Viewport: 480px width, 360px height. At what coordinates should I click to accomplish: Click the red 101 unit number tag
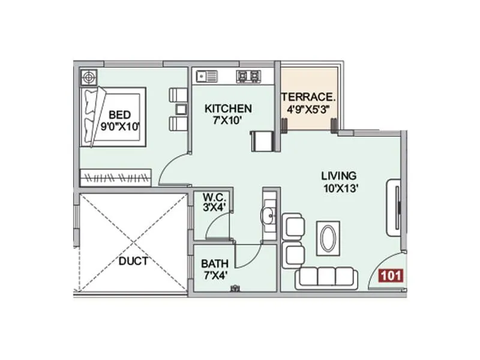click(x=391, y=276)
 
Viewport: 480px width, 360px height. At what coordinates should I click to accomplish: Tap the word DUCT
click(x=133, y=261)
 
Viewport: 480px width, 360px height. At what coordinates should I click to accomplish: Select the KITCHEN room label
click(x=228, y=109)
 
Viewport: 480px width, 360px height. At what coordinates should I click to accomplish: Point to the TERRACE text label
click(x=308, y=97)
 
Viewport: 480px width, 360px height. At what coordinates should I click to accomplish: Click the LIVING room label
click(x=339, y=176)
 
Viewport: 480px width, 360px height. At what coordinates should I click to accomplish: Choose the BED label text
click(x=120, y=115)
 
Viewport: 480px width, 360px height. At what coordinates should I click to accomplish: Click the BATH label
click(x=214, y=263)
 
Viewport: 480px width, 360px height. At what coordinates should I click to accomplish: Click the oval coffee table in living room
click(x=329, y=238)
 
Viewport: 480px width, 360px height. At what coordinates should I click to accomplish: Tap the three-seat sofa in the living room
click(x=326, y=277)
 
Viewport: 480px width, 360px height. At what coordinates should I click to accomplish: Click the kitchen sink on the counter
click(x=206, y=76)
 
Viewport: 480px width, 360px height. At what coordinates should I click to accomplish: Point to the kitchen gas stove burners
click(x=249, y=76)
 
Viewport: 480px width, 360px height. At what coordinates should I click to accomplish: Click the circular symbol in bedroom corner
click(x=89, y=77)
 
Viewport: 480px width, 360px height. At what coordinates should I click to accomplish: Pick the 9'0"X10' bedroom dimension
click(x=119, y=126)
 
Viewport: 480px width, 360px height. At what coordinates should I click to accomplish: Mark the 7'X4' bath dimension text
click(x=214, y=275)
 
